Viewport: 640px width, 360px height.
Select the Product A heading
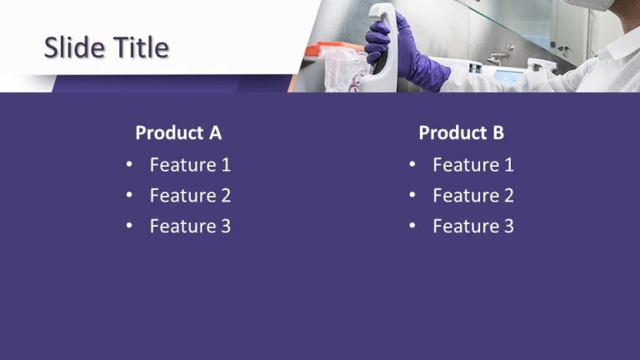(x=178, y=132)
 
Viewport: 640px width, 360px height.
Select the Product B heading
(x=461, y=132)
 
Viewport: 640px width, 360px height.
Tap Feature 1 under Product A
(x=190, y=165)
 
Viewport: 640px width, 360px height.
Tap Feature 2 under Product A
(x=190, y=196)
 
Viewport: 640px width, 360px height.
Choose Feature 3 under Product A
(x=190, y=226)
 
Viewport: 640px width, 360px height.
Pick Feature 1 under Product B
(x=473, y=165)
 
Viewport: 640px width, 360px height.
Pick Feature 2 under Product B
(x=473, y=196)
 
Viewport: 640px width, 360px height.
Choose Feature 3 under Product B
(x=473, y=226)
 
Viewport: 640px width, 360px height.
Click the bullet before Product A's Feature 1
(x=129, y=165)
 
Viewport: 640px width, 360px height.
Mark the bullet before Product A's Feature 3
(x=129, y=226)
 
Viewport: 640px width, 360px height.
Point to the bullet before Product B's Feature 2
(x=412, y=196)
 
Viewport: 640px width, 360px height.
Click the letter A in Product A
(x=215, y=132)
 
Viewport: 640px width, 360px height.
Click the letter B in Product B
(x=497, y=132)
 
